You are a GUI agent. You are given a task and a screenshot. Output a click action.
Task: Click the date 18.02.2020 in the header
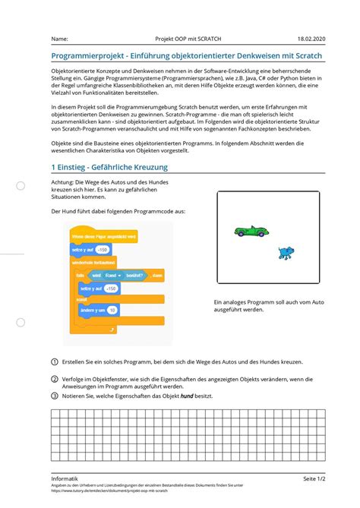coord(312,39)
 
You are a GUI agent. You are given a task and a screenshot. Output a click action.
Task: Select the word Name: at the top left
coord(59,39)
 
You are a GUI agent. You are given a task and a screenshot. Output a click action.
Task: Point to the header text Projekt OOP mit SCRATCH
coord(188,39)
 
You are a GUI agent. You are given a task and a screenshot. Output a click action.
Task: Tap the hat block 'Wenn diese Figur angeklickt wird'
coord(103,236)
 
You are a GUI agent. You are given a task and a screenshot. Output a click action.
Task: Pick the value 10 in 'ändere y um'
coord(112,311)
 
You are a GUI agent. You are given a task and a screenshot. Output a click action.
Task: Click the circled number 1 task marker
coord(55,361)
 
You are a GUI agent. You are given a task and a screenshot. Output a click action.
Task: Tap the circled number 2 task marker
coord(55,379)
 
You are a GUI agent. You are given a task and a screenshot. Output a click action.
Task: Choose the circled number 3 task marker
coord(55,396)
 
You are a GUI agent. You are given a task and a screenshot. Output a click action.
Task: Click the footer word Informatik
coord(65,478)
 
